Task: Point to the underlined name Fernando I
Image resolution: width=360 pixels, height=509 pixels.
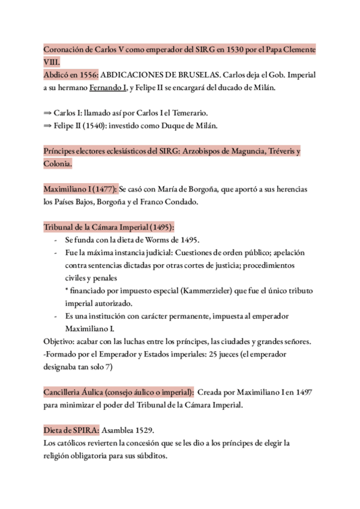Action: coord(109,89)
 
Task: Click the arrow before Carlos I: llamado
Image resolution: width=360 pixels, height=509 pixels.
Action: coord(47,112)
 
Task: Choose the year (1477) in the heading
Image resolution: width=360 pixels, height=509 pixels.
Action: coord(106,189)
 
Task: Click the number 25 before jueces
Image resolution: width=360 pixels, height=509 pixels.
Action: coord(220,354)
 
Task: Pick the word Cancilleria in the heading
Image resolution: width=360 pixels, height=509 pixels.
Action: coord(64,392)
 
